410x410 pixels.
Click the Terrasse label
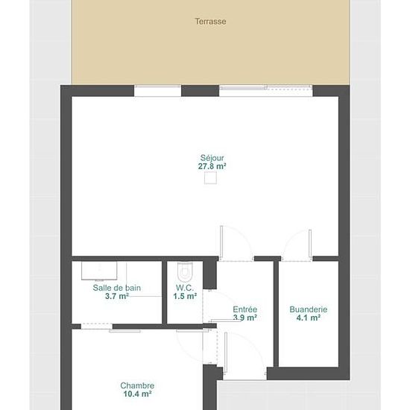(x=210, y=21)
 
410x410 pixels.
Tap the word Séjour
(x=212, y=158)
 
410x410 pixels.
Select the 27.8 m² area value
(x=212, y=166)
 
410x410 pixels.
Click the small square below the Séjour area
(x=210, y=178)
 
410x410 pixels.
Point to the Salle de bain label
(x=117, y=288)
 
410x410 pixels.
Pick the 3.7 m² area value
(x=117, y=296)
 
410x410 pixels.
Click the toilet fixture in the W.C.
(x=185, y=271)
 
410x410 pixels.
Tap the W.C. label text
(x=185, y=288)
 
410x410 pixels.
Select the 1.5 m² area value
(x=185, y=296)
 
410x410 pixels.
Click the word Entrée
(x=245, y=309)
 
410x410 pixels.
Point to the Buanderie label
(x=309, y=309)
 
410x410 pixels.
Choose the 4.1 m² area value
(x=309, y=318)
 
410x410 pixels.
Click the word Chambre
(x=137, y=385)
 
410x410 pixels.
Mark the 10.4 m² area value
(x=138, y=394)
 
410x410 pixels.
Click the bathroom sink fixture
(x=99, y=271)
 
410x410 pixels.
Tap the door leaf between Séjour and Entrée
(x=221, y=243)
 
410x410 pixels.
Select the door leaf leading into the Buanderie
(x=310, y=245)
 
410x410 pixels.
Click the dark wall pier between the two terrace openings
(x=200, y=91)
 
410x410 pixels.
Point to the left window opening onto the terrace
(x=158, y=91)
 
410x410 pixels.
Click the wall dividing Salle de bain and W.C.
(x=165, y=292)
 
